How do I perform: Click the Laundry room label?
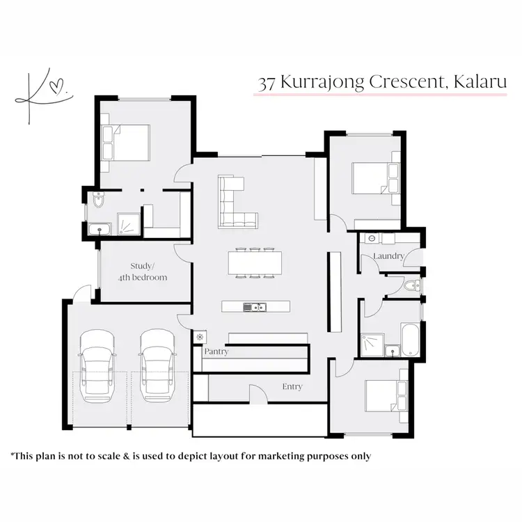388,256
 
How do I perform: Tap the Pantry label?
216,352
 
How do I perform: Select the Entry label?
292,387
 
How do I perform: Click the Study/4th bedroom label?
149,271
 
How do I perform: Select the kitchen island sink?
253,307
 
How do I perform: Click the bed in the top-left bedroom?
126,142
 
